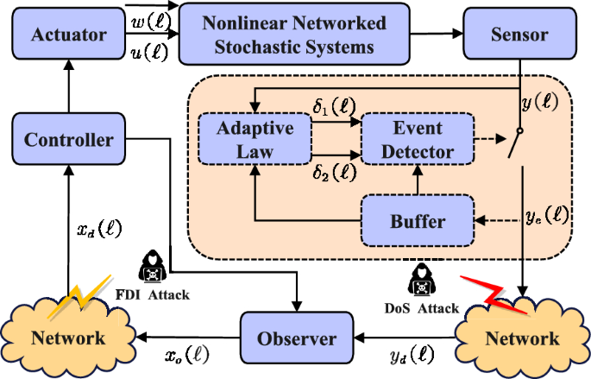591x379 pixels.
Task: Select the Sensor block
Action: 519,35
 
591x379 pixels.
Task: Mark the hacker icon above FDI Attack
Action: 151,266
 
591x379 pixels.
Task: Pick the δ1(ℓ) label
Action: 332,110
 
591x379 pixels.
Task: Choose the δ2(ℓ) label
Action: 332,172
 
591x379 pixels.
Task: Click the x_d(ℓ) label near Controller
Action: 100,231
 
